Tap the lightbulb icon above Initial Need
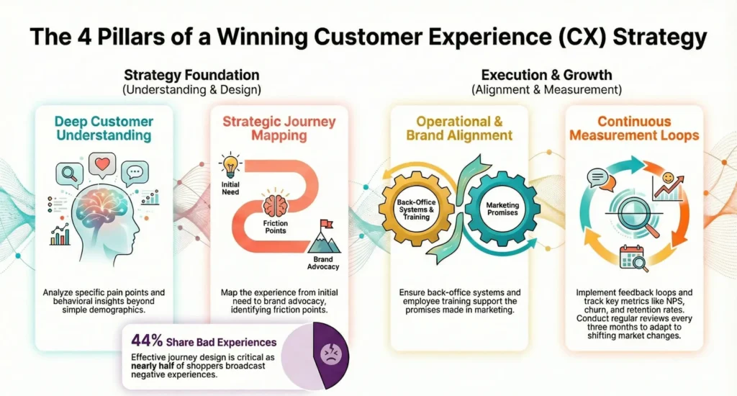(230, 164)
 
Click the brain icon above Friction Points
(274, 206)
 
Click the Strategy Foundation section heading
(191, 75)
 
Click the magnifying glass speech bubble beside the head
(70, 175)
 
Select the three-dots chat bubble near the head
(135, 174)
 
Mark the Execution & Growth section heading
(546, 75)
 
